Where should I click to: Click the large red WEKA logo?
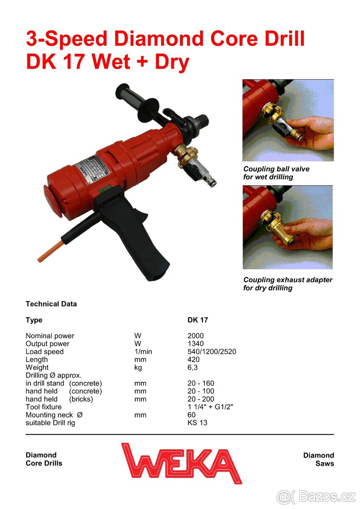tap(181, 463)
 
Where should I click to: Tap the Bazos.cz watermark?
tap(316, 497)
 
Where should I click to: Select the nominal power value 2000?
tap(195, 336)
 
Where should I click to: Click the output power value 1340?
tap(195, 344)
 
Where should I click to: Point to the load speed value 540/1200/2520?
tap(212, 352)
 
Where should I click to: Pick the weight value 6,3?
tap(193, 367)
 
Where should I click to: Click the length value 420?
tap(193, 360)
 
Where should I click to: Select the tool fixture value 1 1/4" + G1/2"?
tap(210, 407)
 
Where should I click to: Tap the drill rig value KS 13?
tap(197, 422)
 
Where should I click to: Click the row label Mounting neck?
tap(49, 415)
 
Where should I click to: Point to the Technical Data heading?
tap(51, 304)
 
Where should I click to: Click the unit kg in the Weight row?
tap(138, 368)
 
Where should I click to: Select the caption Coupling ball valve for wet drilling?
tap(276, 173)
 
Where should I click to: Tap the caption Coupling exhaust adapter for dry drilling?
tap(288, 284)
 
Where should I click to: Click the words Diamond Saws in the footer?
tap(318, 459)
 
